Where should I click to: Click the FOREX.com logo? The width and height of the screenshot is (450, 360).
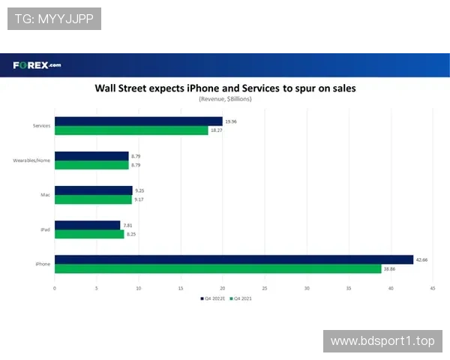(x=37, y=64)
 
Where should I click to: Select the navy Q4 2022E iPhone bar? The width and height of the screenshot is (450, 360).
(x=234, y=259)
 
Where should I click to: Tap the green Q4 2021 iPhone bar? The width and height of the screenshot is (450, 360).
(x=218, y=268)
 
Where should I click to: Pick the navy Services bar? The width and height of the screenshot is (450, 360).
(x=139, y=121)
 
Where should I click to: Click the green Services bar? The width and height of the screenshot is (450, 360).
(x=131, y=130)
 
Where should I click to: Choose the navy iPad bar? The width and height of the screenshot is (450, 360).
(x=88, y=225)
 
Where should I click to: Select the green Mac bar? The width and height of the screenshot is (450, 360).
(x=93, y=199)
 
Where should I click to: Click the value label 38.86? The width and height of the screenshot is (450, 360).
(x=390, y=268)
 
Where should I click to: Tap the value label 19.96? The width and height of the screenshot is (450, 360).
(x=231, y=121)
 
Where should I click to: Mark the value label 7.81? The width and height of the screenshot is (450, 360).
(x=128, y=225)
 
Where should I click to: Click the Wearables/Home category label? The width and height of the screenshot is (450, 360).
(x=32, y=160)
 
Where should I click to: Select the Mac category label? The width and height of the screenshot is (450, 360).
(x=45, y=195)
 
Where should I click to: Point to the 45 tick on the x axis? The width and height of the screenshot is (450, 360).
(x=433, y=287)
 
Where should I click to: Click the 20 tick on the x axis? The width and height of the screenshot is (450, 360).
(x=223, y=287)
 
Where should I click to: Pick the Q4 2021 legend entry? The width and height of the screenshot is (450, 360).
(x=243, y=298)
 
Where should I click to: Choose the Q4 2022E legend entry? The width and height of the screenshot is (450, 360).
(x=213, y=298)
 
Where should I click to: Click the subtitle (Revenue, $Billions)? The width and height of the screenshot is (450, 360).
(x=225, y=99)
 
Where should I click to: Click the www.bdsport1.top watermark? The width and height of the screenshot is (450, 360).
(x=382, y=341)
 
